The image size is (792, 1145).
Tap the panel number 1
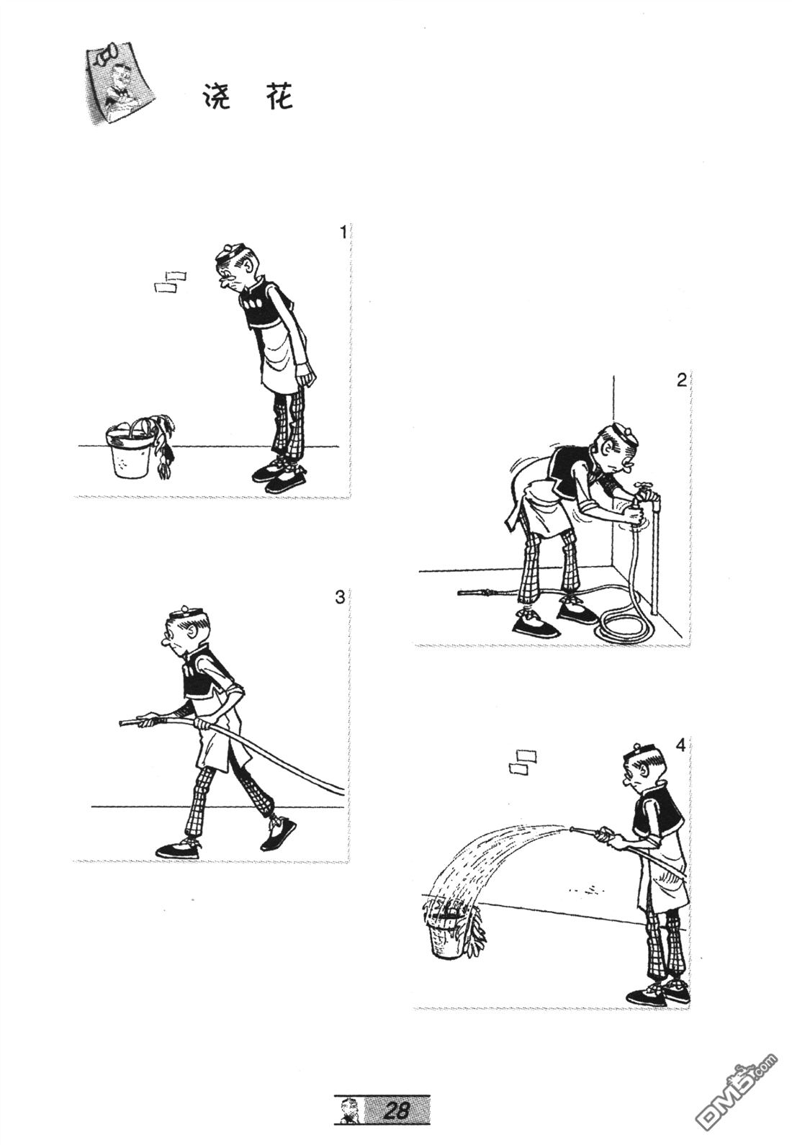point(343,233)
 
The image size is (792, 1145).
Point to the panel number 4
point(680,746)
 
